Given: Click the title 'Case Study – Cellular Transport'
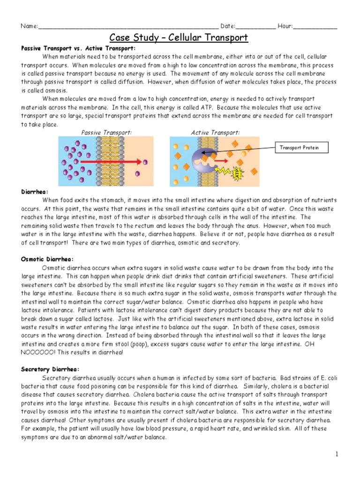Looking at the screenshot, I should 179,37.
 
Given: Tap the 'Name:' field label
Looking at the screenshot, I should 29,26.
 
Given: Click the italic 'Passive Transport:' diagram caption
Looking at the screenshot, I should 106,133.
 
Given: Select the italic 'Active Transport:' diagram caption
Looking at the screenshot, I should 215,133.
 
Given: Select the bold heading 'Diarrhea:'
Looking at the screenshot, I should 35,192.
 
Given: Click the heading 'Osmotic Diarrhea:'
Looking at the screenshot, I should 47,259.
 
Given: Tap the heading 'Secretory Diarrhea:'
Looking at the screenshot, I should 50,369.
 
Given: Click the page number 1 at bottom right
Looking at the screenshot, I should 336,454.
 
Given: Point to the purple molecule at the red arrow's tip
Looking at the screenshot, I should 145,162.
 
